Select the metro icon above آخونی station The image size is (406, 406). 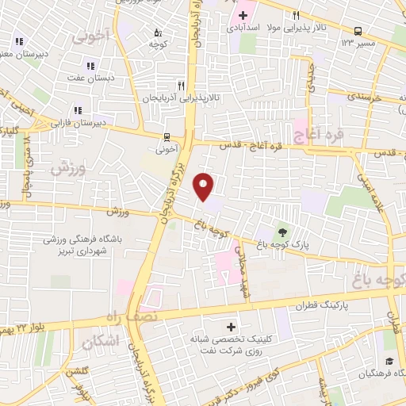click(x=167, y=136)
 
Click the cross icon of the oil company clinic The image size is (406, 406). click(x=231, y=327)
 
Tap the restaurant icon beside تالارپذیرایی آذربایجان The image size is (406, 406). click(x=181, y=86)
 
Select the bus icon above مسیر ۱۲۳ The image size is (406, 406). click(x=358, y=32)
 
